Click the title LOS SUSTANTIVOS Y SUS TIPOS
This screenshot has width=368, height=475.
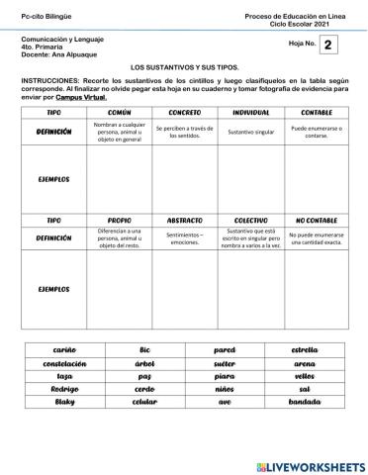184,64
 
